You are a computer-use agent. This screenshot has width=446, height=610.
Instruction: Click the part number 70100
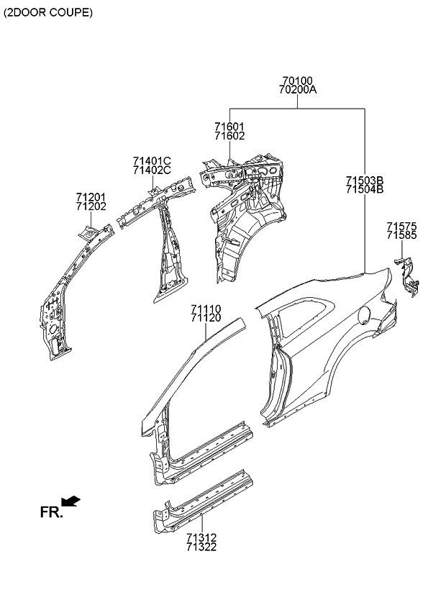[x=298, y=81]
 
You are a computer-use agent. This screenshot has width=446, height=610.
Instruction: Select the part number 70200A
[x=298, y=91]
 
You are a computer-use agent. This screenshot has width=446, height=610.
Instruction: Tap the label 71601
[x=229, y=127]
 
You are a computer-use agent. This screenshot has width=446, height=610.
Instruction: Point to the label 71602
[x=229, y=136]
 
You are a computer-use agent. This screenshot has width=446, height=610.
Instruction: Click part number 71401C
[x=152, y=161]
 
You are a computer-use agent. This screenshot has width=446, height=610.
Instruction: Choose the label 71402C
[x=152, y=170]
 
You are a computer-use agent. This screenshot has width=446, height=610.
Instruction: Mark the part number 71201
[x=91, y=196]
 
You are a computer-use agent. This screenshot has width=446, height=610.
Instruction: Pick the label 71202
[x=91, y=206]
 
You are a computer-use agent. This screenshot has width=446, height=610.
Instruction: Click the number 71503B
[x=364, y=181]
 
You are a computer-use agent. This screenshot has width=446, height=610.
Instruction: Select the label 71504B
[x=364, y=190]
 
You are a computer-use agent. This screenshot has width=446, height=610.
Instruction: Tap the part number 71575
[x=401, y=226]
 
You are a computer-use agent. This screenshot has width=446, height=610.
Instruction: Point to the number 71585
[x=401, y=235]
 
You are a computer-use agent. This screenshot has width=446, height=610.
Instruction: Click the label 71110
[x=206, y=309]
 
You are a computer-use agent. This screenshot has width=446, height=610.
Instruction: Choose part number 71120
[x=206, y=319]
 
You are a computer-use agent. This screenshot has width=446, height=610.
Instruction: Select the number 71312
[x=201, y=537]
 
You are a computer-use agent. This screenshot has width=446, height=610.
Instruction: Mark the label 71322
[x=201, y=547]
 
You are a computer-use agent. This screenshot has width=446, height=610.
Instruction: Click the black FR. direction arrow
[x=71, y=501]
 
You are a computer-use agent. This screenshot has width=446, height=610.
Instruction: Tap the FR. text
[x=51, y=512]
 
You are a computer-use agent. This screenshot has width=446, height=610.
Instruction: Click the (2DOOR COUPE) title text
[x=48, y=13]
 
